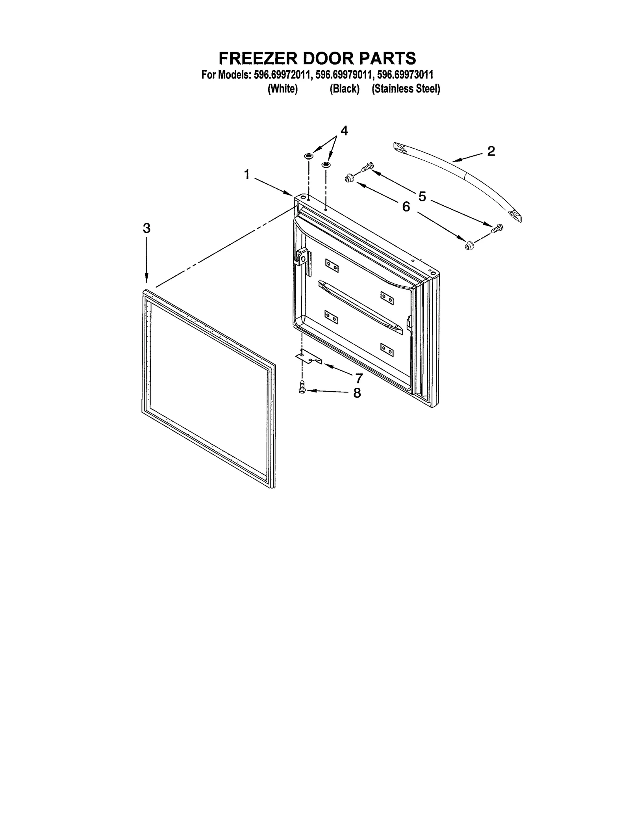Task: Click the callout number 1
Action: coord(246,174)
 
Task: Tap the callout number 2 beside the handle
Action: coord(491,151)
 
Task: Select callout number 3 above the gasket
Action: coord(146,228)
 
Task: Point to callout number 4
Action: coord(344,131)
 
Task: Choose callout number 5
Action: coord(422,196)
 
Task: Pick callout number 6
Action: coord(406,206)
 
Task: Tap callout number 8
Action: coord(357,393)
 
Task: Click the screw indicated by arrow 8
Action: coord(302,387)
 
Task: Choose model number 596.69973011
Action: coord(406,75)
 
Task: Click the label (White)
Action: coord(282,89)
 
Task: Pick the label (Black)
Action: coord(345,89)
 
